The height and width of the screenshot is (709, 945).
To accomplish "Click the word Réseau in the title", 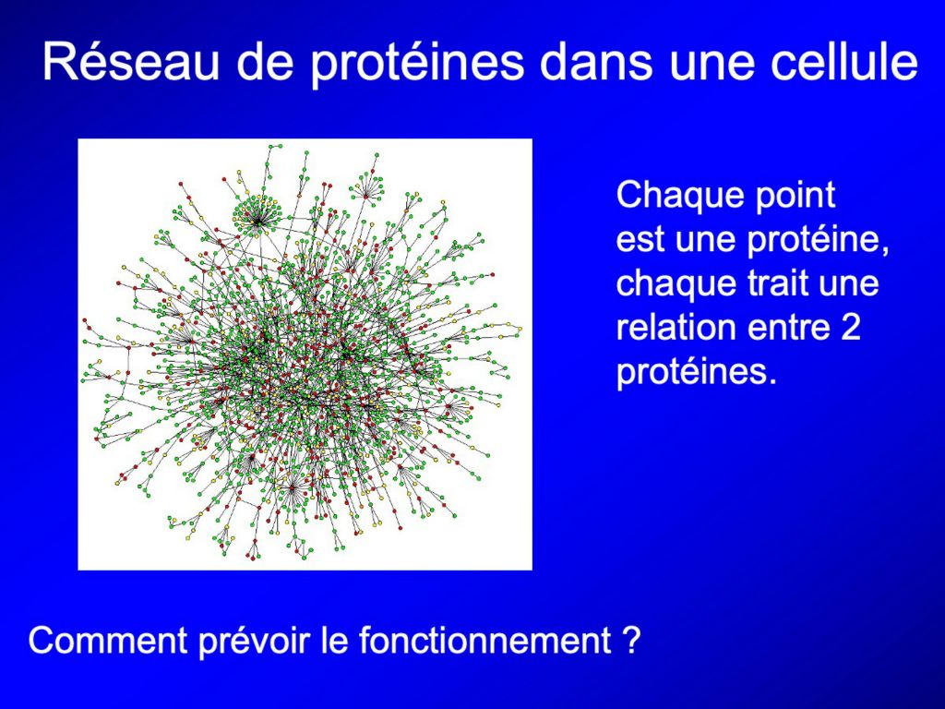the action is (130, 61).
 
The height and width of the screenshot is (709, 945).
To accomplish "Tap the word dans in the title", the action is (595, 61).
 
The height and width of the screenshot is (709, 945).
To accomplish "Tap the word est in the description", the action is (640, 239).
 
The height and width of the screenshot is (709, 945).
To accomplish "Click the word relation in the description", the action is (675, 327).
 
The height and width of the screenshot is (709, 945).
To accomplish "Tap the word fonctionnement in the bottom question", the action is (484, 640).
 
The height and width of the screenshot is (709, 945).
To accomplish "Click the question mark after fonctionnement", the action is (629, 640).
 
